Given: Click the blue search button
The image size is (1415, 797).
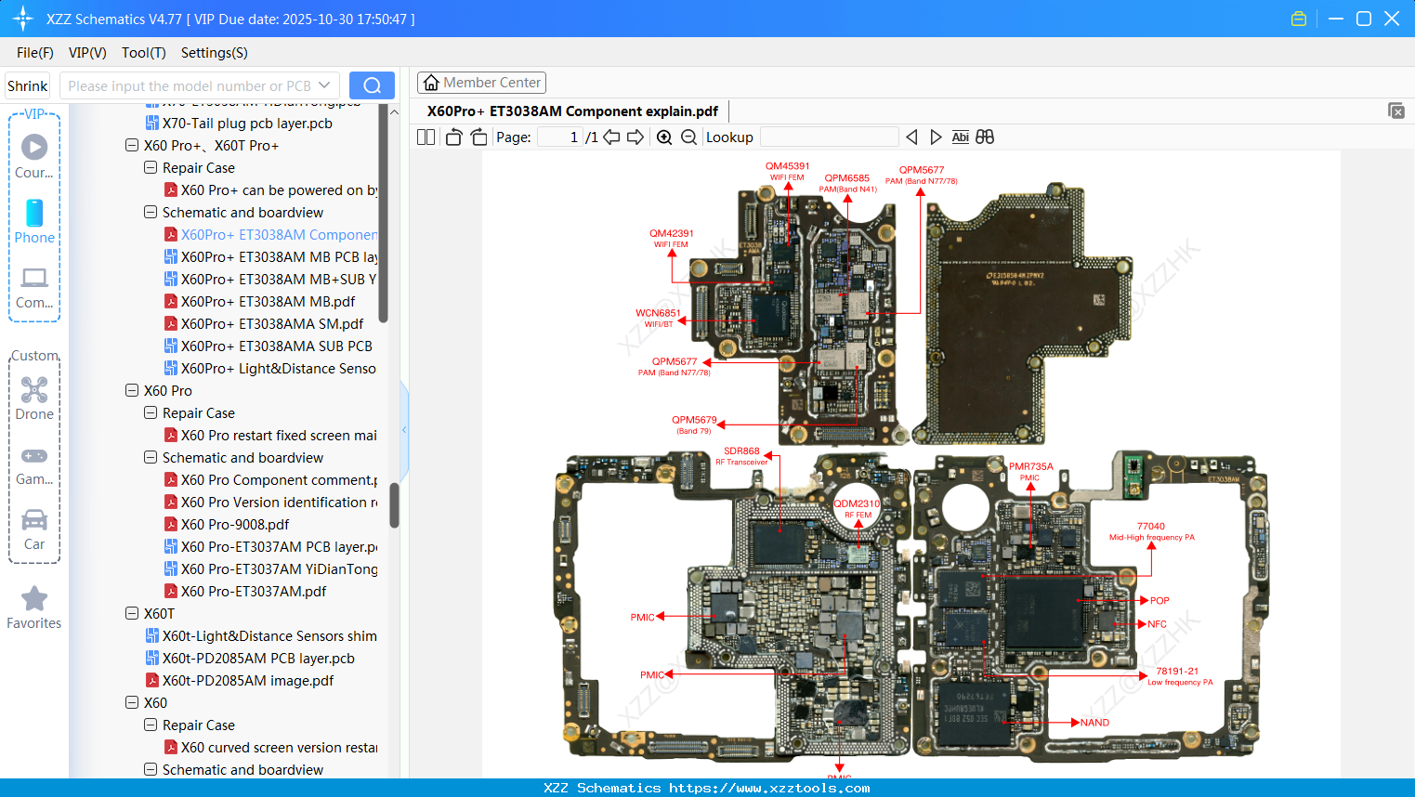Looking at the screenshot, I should click(x=372, y=85).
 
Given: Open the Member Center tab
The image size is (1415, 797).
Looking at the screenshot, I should click(x=481, y=83).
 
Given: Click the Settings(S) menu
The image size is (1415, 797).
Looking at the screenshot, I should click(x=214, y=53).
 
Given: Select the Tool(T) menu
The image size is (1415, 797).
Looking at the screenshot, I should click(x=143, y=53).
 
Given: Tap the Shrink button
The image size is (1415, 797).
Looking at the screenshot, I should click(x=28, y=85).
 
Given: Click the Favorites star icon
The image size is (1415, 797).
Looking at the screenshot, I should click(x=34, y=599).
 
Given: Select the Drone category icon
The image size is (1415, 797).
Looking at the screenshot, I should click(x=34, y=391).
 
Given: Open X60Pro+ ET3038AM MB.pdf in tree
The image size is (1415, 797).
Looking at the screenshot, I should click(x=268, y=302).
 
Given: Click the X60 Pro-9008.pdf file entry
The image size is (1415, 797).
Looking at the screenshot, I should click(x=235, y=525).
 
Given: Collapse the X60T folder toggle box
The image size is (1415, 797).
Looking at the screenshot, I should click(x=132, y=614).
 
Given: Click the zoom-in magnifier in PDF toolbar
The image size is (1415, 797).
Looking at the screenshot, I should click(x=664, y=137).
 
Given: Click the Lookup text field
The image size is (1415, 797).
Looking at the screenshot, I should click(x=829, y=137).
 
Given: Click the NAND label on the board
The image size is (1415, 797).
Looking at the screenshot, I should click(x=1094, y=723).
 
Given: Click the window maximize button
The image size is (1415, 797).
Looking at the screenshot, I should click(x=1363, y=19).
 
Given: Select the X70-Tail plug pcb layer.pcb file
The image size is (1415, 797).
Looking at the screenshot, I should click(x=247, y=124).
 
